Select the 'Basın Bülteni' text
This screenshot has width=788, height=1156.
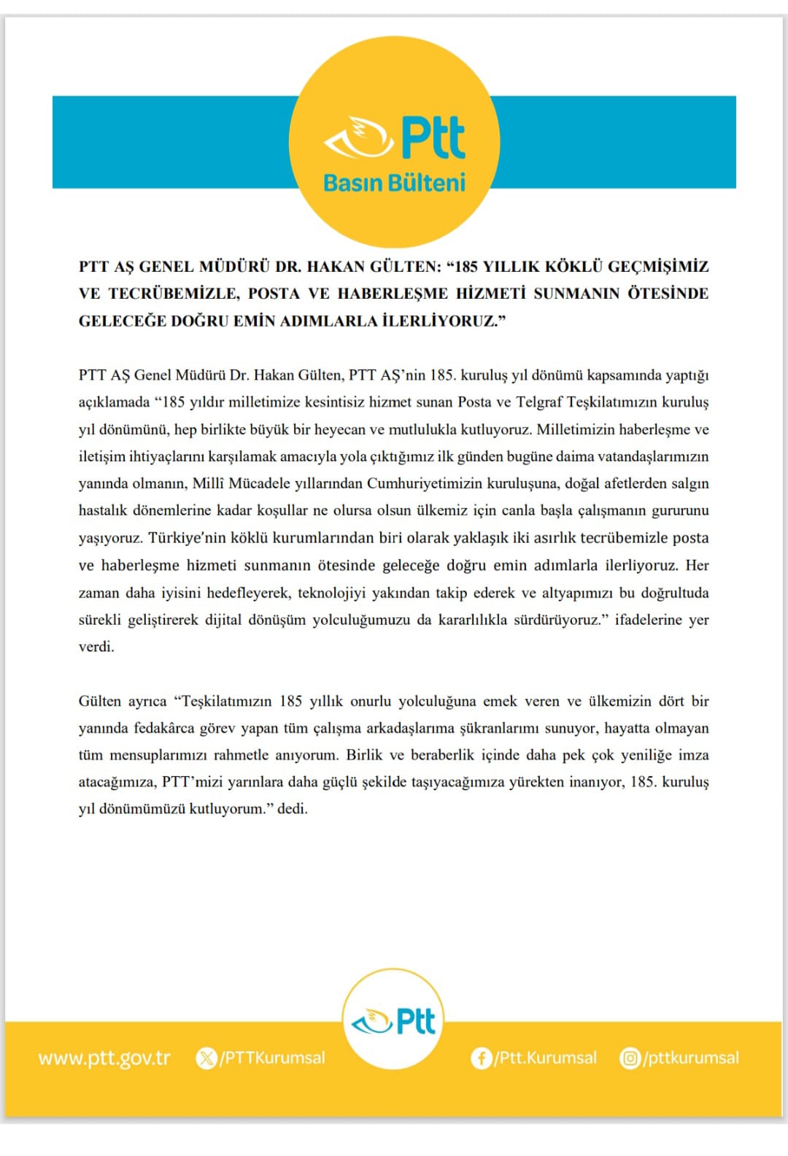point(394,183)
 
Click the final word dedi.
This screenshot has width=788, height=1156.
point(292,809)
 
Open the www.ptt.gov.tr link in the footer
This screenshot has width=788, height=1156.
point(104,1058)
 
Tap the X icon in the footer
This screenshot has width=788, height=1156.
point(206,1058)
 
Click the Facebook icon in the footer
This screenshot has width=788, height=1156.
point(481,1058)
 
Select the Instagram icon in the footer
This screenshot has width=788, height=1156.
point(630,1058)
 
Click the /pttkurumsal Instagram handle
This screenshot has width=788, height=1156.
point(691,1058)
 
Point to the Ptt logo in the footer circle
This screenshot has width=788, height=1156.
point(393,1022)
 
